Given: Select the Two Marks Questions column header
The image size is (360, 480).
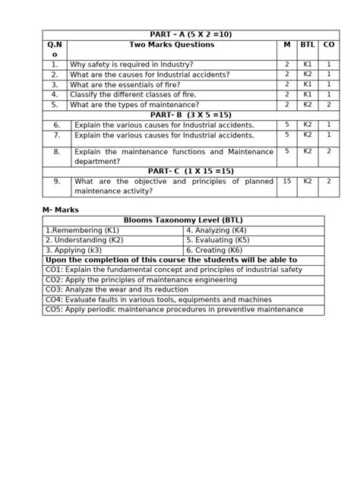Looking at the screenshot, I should [172, 45].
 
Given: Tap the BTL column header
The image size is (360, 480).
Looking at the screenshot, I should [308, 45].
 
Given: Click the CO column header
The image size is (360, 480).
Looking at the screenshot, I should [329, 45].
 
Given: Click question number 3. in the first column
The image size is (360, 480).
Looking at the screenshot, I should [55, 85].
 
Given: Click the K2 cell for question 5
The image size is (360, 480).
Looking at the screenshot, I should [308, 105].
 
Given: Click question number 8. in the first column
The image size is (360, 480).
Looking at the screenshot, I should [56, 152].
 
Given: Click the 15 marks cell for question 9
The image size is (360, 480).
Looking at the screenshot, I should [287, 182].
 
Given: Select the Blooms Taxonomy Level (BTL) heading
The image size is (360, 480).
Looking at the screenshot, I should [183, 220].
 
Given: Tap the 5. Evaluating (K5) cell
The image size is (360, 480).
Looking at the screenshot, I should [217, 240].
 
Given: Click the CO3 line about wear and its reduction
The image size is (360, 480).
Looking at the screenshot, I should [116, 289].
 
